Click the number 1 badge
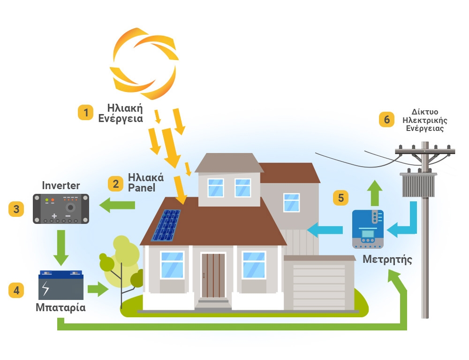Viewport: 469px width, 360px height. point(86,113)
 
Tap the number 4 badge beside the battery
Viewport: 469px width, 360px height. point(16,290)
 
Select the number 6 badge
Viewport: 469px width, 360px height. point(387,120)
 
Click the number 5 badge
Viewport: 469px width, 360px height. point(341,198)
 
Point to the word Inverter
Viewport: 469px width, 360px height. point(61,185)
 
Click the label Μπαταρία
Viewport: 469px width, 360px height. point(61,308)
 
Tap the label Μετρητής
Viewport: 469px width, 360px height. point(387,259)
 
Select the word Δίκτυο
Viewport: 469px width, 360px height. point(425,112)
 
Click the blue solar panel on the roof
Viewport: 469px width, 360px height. point(166,225)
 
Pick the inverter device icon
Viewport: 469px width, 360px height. point(61,208)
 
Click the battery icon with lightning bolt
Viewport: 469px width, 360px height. point(61,285)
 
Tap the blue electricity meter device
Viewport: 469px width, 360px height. point(368,229)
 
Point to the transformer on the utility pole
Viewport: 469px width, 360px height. point(417,185)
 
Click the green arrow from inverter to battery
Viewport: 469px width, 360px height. point(61,247)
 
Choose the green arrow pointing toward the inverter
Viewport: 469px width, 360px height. point(117,205)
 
